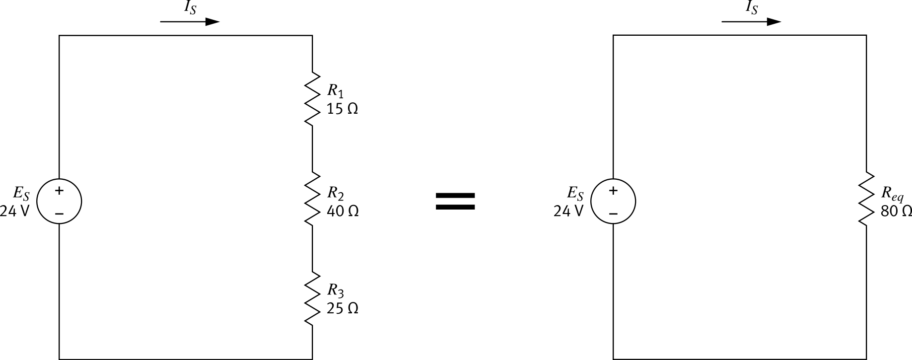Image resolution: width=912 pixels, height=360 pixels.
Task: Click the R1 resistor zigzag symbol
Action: pyautogui.click(x=312, y=99)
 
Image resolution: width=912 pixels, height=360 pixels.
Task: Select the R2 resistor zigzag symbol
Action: pyautogui.click(x=312, y=199)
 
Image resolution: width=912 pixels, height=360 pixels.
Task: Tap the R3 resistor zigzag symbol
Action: pyautogui.click(x=312, y=298)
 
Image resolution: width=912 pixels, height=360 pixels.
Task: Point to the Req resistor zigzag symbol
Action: pyautogui.click(x=866, y=199)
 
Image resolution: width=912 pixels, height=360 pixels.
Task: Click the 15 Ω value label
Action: pyautogui.click(x=342, y=109)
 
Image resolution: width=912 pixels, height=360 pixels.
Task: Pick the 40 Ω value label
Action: pyautogui.click(x=343, y=211)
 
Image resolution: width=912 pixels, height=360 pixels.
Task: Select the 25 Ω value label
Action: pyautogui.click(x=342, y=308)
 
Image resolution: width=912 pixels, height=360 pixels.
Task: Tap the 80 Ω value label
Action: pyautogui.click(x=896, y=211)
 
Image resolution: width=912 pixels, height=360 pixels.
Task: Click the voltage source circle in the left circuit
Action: pyautogui.click(x=59, y=202)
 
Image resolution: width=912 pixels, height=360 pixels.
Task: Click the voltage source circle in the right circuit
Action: pyautogui.click(x=613, y=202)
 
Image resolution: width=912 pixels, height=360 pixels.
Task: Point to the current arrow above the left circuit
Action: pyautogui.click(x=190, y=22)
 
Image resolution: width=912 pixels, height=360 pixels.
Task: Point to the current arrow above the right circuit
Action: pyautogui.click(x=751, y=22)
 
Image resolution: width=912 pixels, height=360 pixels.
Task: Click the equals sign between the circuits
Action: pyautogui.click(x=455, y=202)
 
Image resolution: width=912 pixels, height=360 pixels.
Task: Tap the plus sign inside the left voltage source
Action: pyautogui.click(x=59, y=190)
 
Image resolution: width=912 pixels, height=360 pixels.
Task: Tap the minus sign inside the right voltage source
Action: pyautogui.click(x=613, y=214)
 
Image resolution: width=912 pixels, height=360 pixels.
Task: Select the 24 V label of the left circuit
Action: pyautogui.click(x=15, y=212)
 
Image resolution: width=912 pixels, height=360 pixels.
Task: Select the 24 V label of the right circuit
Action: pyautogui.click(x=568, y=212)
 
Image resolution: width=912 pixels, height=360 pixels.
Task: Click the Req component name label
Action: pyautogui.click(x=892, y=194)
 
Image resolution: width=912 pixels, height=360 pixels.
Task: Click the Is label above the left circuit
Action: pyautogui.click(x=190, y=8)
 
